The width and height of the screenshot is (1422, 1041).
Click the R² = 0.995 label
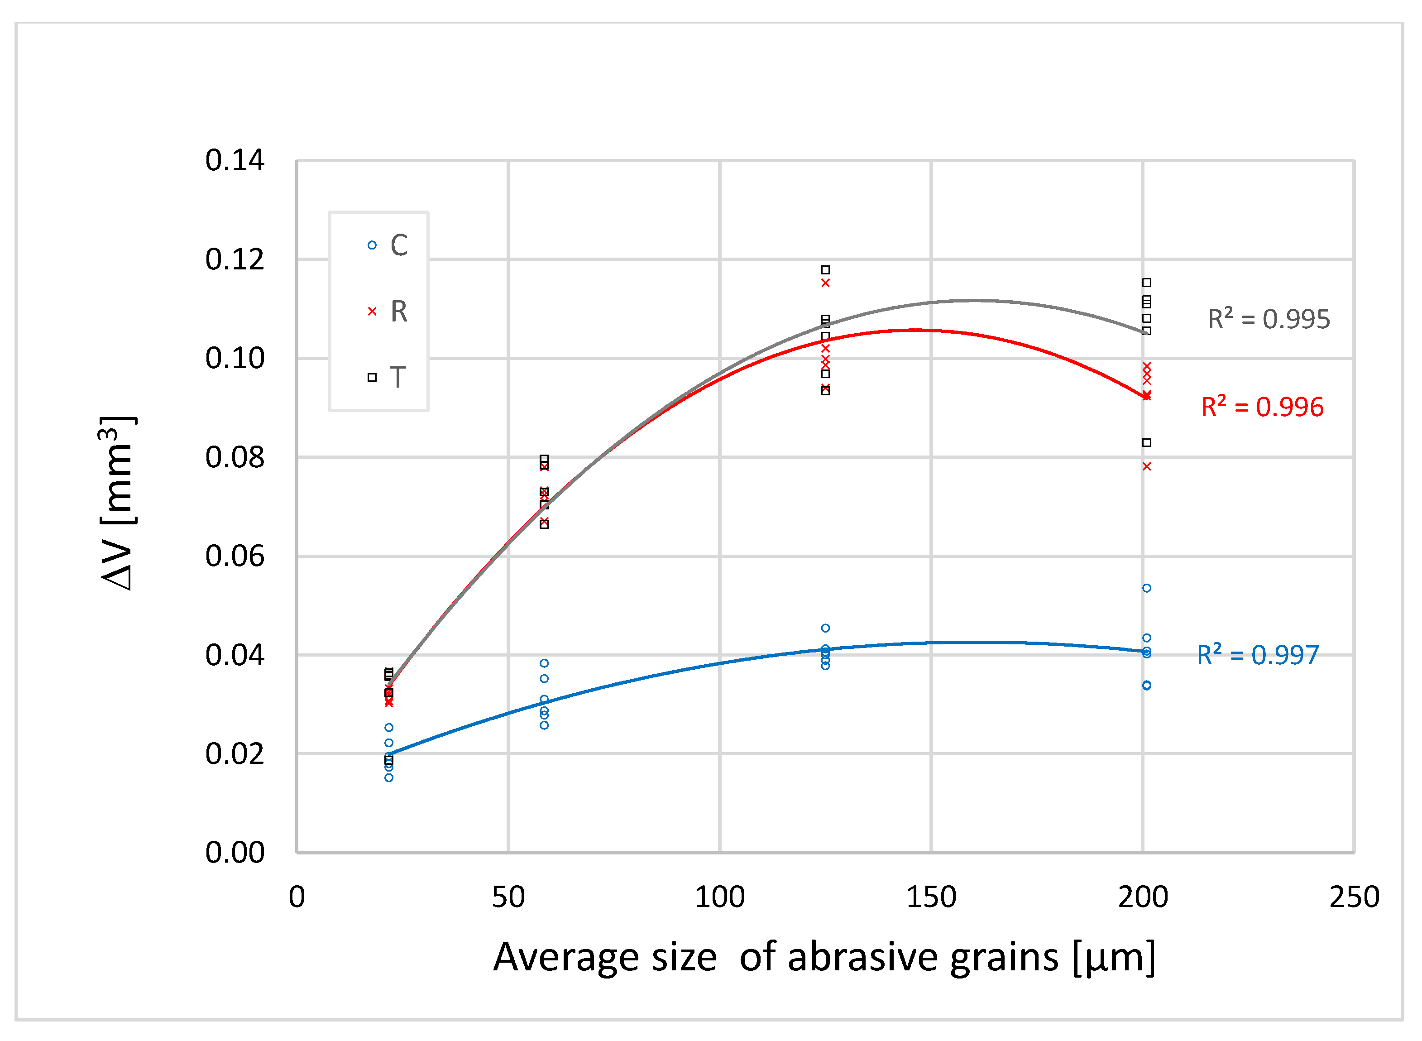(x=1268, y=320)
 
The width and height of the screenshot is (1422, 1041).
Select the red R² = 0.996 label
(x=1262, y=407)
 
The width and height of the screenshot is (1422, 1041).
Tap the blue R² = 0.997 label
(x=1258, y=655)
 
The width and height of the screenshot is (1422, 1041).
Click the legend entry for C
(x=388, y=245)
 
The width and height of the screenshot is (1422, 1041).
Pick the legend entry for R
(x=388, y=311)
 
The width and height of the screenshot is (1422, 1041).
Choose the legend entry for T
(x=387, y=378)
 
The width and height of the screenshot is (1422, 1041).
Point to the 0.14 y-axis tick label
(x=235, y=161)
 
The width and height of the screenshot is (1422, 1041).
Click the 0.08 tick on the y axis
(x=235, y=457)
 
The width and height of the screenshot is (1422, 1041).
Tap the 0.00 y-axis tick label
(x=235, y=853)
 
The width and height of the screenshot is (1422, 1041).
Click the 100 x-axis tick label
(x=719, y=897)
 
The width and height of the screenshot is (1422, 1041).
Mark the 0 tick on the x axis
(x=297, y=897)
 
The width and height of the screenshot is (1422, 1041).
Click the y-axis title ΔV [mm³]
(x=118, y=503)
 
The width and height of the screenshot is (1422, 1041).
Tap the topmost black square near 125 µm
(x=825, y=270)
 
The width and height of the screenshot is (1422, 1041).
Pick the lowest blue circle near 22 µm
(x=389, y=777)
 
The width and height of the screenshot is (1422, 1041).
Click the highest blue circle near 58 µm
(x=544, y=663)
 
